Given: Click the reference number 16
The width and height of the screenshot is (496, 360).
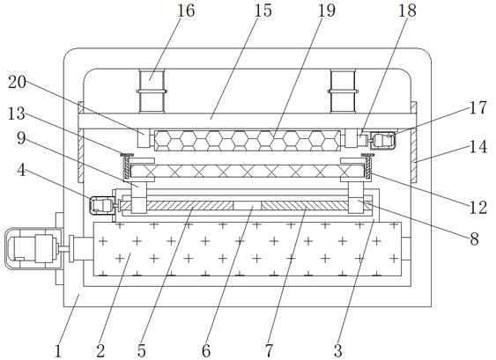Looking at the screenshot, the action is tap(186, 11).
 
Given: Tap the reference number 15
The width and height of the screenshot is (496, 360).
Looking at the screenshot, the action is tap(263, 11).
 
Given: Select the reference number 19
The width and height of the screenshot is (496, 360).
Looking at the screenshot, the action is tap(327, 11).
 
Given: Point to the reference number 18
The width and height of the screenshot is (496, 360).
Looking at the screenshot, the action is tap(407, 11).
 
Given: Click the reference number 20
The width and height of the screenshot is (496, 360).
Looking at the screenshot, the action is tap(17, 83).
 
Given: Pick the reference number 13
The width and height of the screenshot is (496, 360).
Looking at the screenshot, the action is tap(16, 114).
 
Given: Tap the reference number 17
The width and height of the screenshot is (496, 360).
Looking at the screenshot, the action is tap(478, 107).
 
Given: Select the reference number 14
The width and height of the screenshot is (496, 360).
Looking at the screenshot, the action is tap(478, 147).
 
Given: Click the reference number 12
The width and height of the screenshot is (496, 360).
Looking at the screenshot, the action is tap(478, 208).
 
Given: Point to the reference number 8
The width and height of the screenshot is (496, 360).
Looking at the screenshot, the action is tap(475, 239).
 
